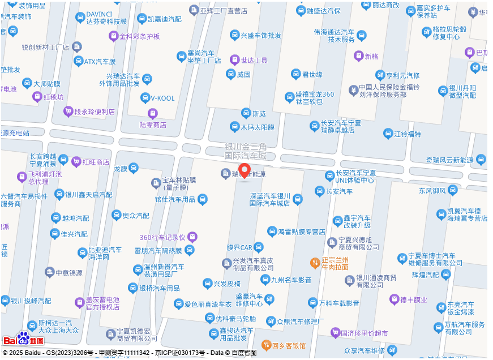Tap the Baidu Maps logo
click(x=23, y=339)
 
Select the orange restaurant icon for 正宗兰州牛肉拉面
click(x=315, y=263)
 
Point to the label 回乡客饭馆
click(x=289, y=345)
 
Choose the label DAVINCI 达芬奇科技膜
click(x=106, y=18)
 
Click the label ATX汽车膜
click(x=100, y=61)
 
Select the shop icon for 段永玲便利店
click(x=68, y=112)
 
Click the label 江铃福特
click(x=408, y=134)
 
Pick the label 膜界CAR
click(x=239, y=247)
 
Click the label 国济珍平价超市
click(x=365, y=333)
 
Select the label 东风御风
click(x=433, y=190)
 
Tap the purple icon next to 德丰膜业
click(x=394, y=299)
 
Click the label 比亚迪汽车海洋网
click(x=105, y=253)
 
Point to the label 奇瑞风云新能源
click(x=449, y=160)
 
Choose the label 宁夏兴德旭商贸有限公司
click(x=358, y=243)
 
